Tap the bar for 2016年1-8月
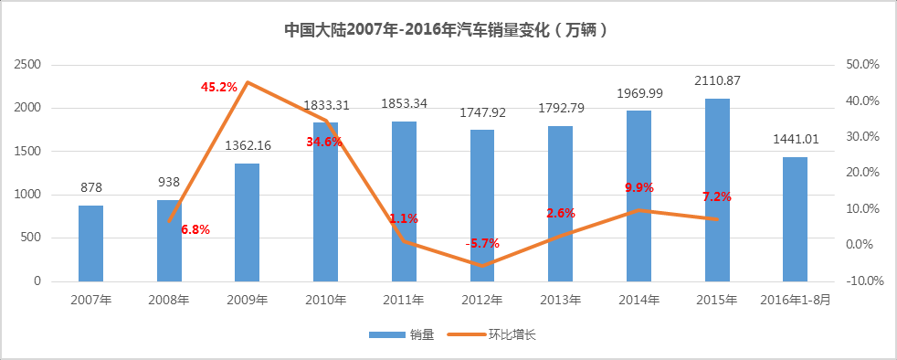coord(795,219)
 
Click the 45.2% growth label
coord(219,87)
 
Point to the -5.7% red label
coord(481,244)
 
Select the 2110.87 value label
coord(717,81)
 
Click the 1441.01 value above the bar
coord(795,139)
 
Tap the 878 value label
coord(90,187)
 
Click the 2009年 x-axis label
coord(248,299)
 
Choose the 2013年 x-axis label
coord(561,299)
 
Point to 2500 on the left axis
coord(29,65)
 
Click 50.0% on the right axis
coord(863,65)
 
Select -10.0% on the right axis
coord(863,281)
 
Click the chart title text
coord(447,29)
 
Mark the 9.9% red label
coord(639,188)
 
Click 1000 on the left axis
coord(29,195)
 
